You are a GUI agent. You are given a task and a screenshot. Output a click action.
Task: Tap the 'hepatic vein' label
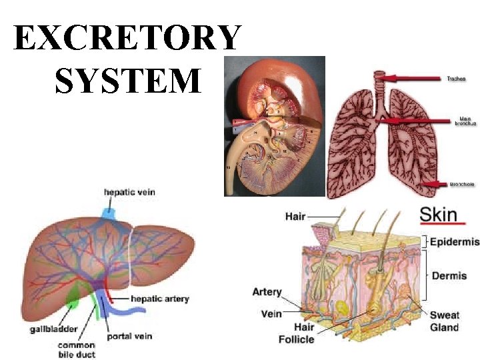(x=129, y=193)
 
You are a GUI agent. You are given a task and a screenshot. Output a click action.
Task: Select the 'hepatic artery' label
(x=159, y=299)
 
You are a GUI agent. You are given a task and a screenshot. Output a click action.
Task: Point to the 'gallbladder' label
(x=53, y=329)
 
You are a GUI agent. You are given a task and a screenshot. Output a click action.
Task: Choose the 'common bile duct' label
(x=76, y=350)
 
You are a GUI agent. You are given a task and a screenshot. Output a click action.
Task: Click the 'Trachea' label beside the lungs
(x=456, y=79)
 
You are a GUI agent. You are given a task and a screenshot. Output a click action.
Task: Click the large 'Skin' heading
(x=438, y=214)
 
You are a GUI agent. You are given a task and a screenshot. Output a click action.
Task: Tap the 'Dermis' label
(x=449, y=275)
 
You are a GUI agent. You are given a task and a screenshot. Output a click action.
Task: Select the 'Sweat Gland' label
(x=444, y=321)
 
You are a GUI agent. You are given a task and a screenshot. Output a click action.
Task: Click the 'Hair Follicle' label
(x=295, y=333)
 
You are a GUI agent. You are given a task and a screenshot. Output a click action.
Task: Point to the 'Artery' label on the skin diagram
(x=267, y=292)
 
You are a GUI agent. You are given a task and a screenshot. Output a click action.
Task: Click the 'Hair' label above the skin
(x=295, y=216)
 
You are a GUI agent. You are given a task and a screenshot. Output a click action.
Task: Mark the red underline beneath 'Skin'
(x=442, y=225)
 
